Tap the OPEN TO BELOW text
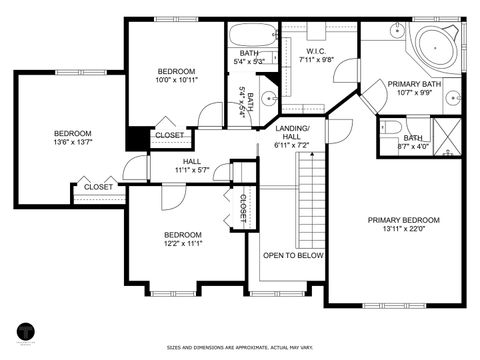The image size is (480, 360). [x=293, y=256]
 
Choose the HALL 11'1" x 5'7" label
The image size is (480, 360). [x=193, y=166]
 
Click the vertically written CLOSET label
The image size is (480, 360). [x=242, y=208]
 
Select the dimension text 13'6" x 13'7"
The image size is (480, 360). [x=72, y=142]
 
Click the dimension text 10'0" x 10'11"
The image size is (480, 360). [x=176, y=79]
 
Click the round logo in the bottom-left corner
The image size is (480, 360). [x=27, y=331]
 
